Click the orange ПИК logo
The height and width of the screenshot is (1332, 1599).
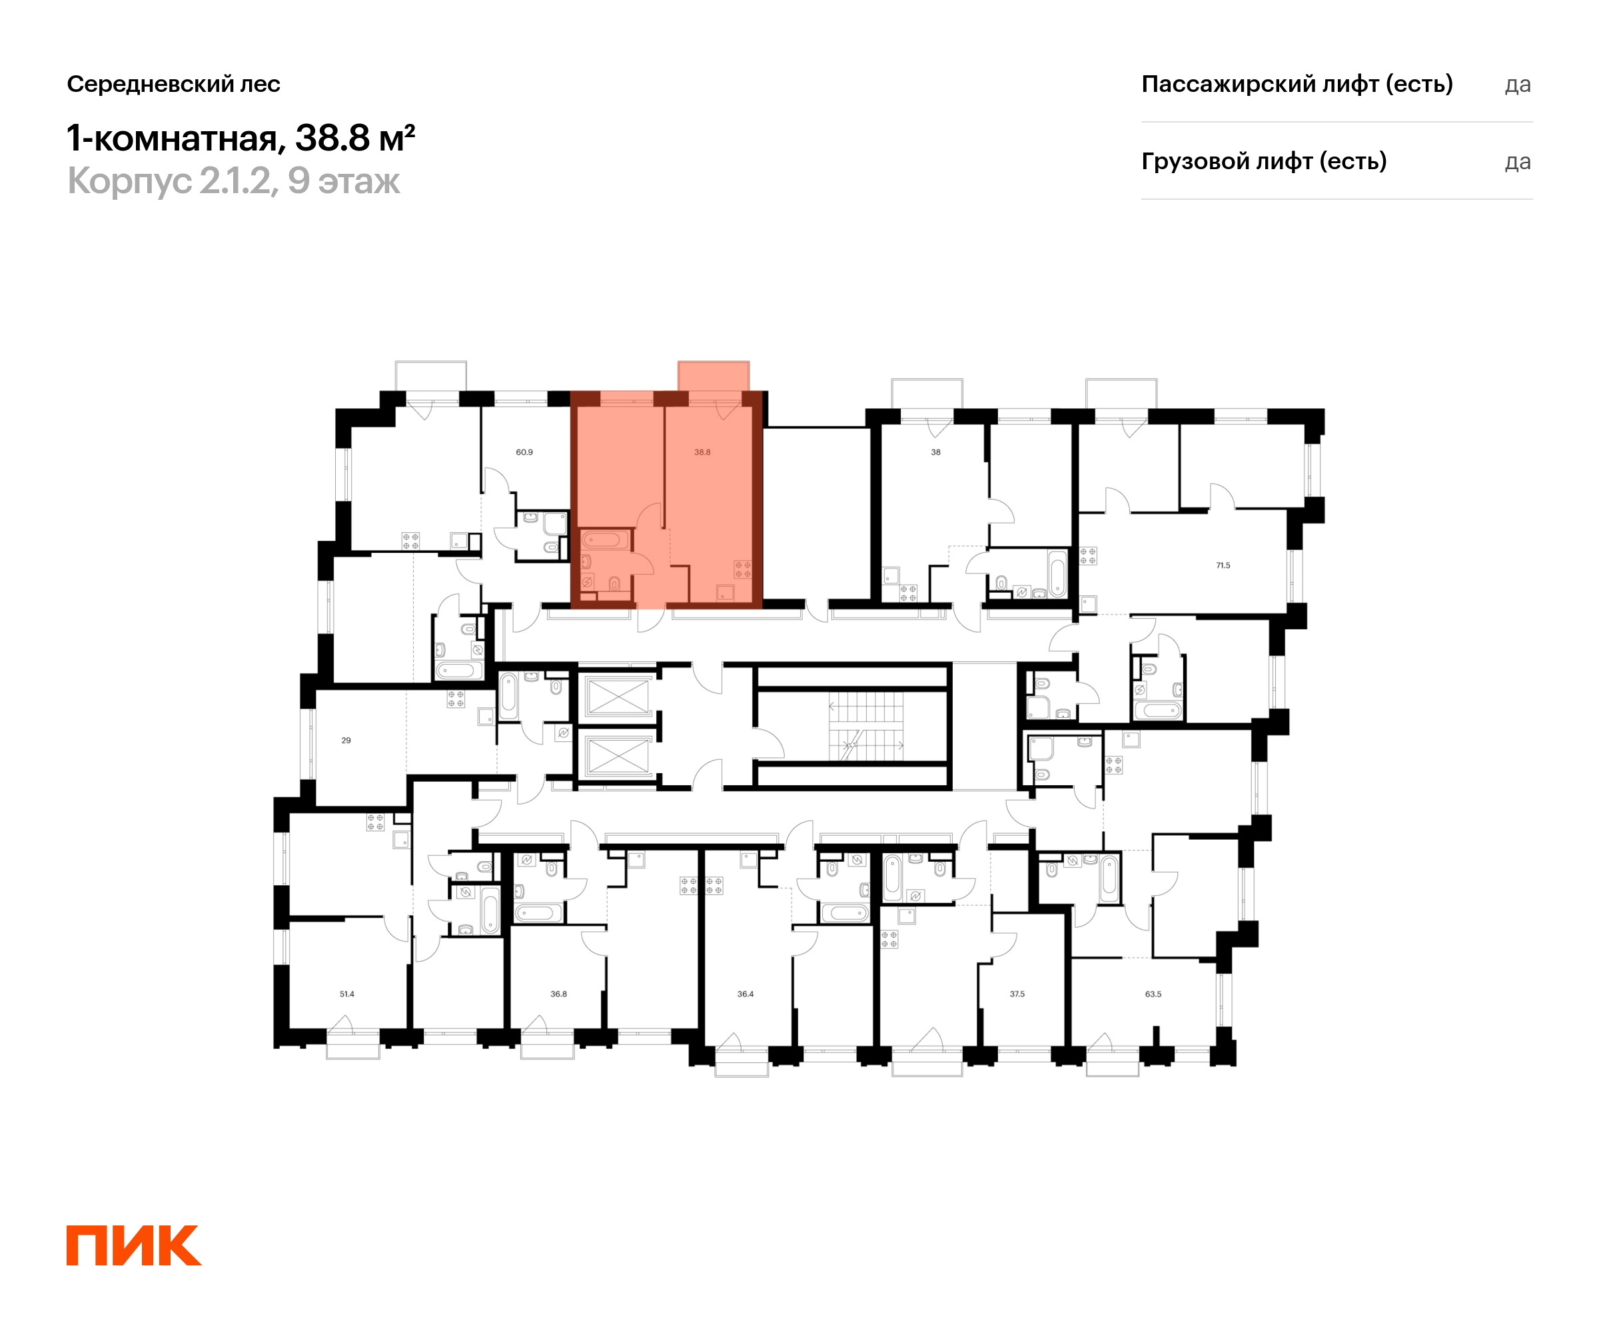click(134, 1245)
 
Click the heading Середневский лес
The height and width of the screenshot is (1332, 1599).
click(174, 84)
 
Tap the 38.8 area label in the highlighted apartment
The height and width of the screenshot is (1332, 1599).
click(702, 452)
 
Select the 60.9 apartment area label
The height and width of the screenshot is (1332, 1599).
click(524, 452)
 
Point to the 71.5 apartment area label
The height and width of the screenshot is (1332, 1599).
click(1223, 565)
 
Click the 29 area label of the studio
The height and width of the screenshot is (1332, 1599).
click(346, 741)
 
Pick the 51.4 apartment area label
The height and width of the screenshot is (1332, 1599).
click(347, 994)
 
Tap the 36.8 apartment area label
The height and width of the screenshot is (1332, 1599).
click(559, 994)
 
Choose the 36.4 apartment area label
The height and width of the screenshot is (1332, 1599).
click(746, 994)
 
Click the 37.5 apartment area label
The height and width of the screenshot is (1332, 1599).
click(1017, 994)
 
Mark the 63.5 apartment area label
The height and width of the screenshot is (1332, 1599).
click(1153, 994)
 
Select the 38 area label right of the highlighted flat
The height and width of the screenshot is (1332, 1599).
click(936, 452)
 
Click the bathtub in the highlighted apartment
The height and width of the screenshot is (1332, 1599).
click(606, 540)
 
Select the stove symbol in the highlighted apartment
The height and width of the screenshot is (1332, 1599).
click(742, 569)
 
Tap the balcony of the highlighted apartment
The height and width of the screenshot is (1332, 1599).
click(714, 376)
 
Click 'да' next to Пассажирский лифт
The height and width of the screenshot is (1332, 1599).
click(1518, 85)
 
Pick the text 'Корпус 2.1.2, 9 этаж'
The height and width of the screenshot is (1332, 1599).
click(234, 181)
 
